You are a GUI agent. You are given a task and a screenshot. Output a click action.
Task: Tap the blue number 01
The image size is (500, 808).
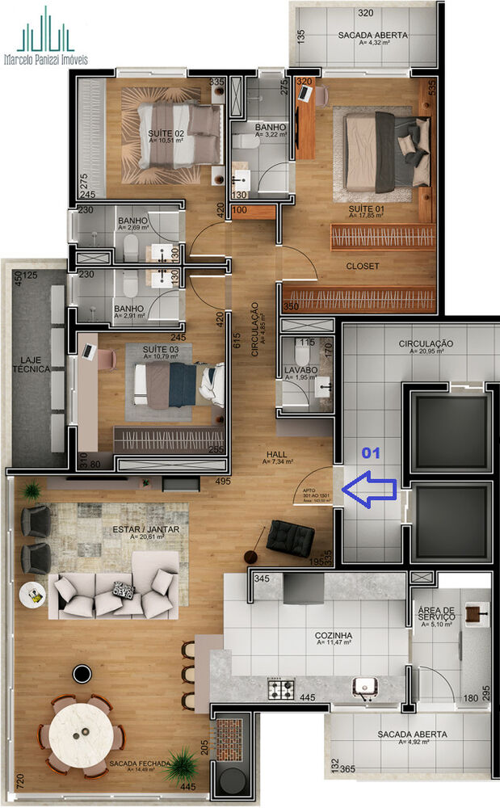[370, 452]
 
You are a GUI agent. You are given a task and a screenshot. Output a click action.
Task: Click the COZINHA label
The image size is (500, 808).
[334, 636]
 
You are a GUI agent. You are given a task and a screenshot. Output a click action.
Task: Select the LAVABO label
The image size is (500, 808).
[300, 369]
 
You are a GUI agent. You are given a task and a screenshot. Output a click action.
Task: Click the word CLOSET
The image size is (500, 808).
[363, 266]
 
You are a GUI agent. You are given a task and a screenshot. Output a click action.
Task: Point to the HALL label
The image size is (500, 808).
[276, 455]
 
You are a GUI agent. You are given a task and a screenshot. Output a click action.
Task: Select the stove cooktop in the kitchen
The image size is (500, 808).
[282, 689]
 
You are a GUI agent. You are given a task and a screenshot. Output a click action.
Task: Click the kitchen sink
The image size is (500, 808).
[365, 688]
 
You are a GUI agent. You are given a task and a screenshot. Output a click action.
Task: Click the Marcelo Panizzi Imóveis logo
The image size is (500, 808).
[45, 37]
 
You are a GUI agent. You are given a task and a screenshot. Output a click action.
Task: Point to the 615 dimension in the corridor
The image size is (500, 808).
[237, 343]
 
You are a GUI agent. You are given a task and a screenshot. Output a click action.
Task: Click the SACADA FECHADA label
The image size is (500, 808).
[142, 764]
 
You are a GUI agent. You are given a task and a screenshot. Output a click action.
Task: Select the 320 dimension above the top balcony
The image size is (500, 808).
[366, 13]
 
